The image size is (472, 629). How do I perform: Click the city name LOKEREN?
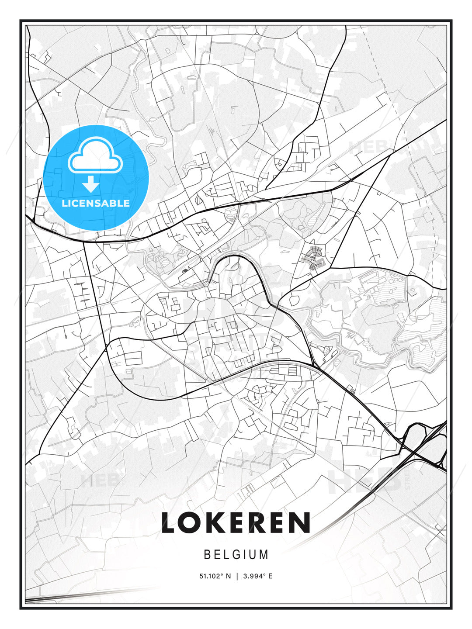(x=236, y=522)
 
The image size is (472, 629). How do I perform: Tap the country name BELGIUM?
(x=236, y=555)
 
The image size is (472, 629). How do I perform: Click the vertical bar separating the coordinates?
(x=237, y=576)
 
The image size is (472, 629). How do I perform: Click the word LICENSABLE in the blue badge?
(x=96, y=203)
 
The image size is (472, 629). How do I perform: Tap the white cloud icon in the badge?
(x=94, y=156)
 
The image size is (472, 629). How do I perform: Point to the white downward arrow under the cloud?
(x=91, y=184)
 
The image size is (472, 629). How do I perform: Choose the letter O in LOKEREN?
(x=191, y=522)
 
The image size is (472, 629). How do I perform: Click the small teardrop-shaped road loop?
(x=292, y=300)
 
